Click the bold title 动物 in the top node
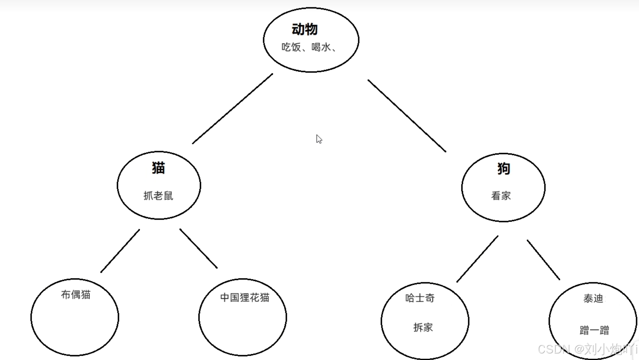305,29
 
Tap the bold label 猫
158,168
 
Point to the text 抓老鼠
158,196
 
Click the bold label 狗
504,169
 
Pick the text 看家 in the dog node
501,196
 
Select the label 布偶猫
76,295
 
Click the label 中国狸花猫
245,297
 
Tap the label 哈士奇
420,298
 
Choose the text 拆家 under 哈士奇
423,327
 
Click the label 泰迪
593,298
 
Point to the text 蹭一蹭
594,330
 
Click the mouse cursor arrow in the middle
319,139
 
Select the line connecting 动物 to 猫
232,109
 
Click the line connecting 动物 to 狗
407,116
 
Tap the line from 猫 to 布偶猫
120,251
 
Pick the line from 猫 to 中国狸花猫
198,249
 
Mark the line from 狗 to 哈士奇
477,259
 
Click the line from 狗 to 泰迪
543,260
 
